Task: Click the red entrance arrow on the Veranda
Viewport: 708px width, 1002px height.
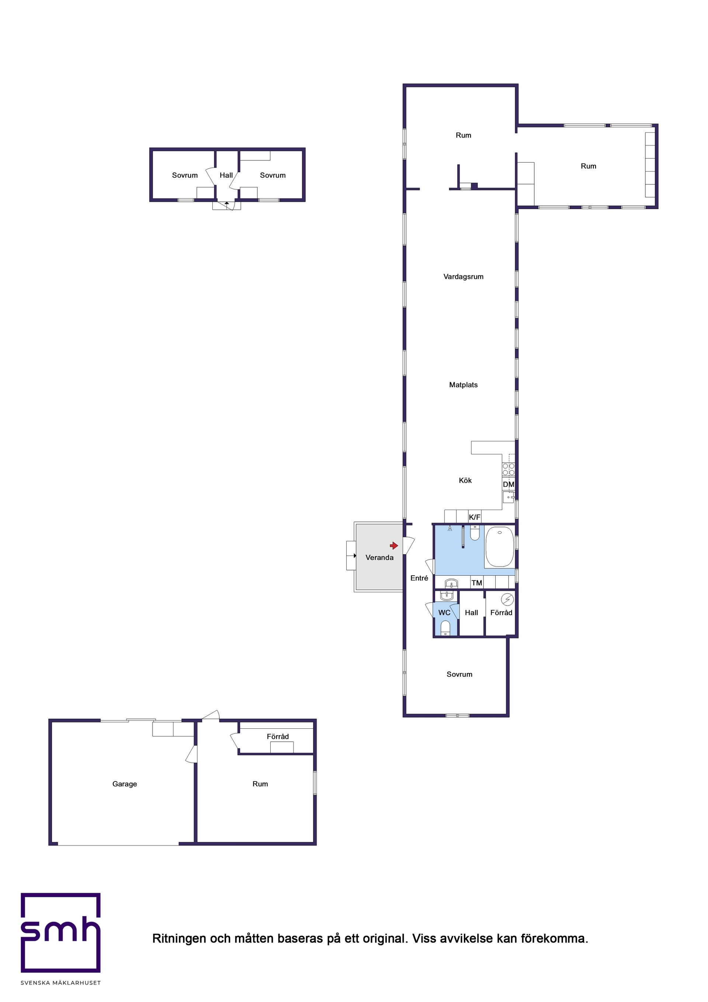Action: coord(394,545)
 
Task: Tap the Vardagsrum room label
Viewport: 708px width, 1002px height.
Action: coord(463,277)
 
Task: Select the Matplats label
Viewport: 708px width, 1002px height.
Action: coord(463,385)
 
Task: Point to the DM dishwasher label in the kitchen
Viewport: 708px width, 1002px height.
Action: coord(509,485)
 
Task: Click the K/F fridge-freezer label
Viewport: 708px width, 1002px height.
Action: coord(475,517)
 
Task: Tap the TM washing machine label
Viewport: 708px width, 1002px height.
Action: coord(477,583)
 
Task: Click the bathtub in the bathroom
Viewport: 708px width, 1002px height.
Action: coord(499,547)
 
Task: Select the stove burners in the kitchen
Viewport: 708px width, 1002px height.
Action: coord(509,469)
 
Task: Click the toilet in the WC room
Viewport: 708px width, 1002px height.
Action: coord(445,628)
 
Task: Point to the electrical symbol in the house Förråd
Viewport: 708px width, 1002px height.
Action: coord(507,599)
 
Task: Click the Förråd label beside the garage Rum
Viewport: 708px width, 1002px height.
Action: coord(278,736)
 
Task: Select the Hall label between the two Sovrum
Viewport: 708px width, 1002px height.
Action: coord(226,176)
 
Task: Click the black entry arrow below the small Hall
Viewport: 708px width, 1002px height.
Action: coord(226,203)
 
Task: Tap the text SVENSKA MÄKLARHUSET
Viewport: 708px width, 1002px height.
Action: coord(61,983)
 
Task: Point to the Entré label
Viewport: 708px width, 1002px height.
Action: coord(419,578)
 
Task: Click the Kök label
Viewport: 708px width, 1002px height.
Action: coord(465,481)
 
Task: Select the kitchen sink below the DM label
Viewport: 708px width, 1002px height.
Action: coord(509,497)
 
